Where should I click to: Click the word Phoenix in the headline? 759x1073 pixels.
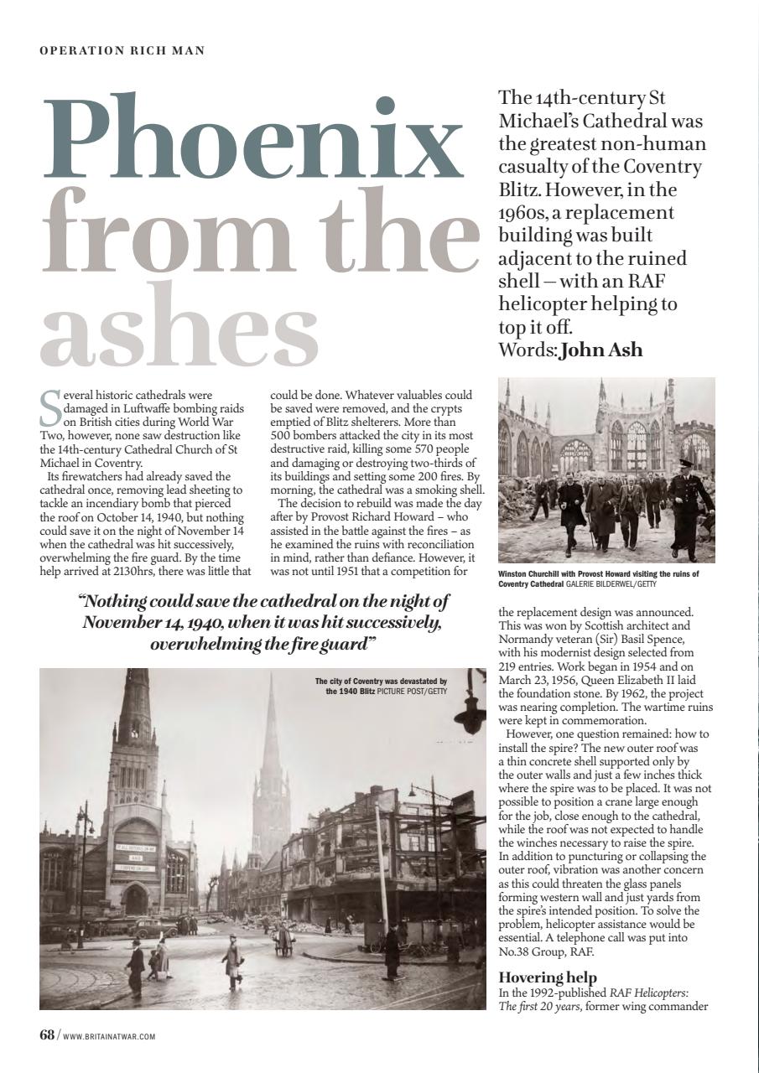tap(252, 134)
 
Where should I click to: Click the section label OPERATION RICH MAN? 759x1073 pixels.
tap(122, 51)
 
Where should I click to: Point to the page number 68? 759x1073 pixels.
tap(47, 1034)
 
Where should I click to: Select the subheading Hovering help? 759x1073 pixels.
tap(548, 977)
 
